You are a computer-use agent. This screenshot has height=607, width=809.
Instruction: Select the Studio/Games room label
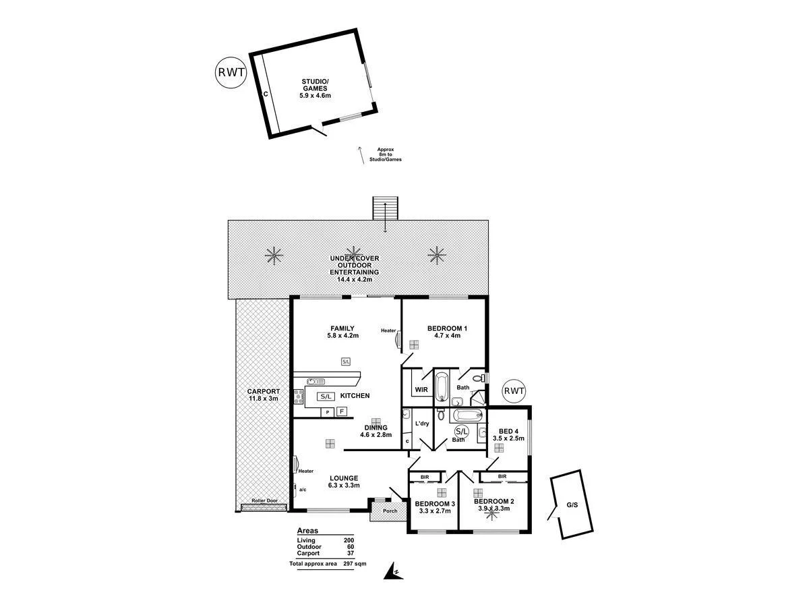tap(315, 85)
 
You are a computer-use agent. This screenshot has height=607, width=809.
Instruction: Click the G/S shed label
tap(572, 504)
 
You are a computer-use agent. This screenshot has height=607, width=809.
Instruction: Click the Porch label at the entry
tap(390, 511)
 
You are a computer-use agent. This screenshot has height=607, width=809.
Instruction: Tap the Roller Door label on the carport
tap(264, 501)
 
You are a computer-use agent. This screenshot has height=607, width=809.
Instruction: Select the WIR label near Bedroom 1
tap(421, 390)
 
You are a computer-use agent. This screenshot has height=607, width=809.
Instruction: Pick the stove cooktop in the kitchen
tap(297, 396)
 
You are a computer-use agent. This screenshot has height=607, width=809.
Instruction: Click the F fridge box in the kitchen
tap(342, 411)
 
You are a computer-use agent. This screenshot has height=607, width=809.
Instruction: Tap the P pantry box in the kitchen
tap(327, 411)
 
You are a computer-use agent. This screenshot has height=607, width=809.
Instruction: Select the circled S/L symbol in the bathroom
tap(462, 432)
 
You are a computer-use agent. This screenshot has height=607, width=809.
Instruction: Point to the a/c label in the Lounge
tap(302, 490)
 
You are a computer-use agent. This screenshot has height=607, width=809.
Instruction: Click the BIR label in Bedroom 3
tap(425, 477)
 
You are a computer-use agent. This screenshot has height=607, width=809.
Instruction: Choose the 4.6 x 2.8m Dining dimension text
tap(376, 435)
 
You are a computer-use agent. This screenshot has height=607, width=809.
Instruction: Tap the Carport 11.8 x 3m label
tap(263, 395)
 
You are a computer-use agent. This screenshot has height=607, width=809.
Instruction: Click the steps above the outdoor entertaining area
tap(386, 208)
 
